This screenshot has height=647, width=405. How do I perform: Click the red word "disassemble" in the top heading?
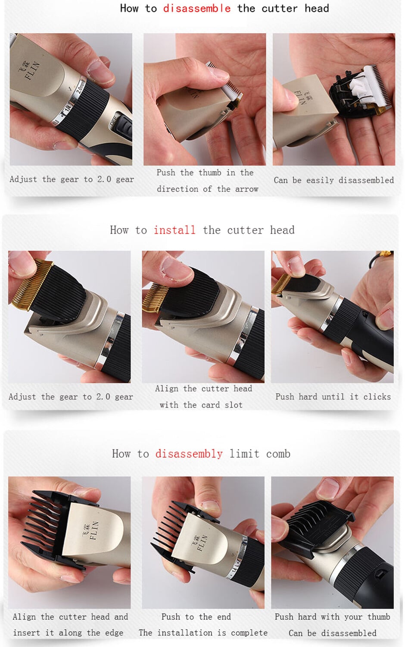197,8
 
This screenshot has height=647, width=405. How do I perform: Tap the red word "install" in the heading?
174,230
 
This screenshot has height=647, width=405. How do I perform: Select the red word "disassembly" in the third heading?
189,454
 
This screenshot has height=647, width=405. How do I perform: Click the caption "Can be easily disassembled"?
334,180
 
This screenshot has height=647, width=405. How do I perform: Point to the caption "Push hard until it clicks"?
333,396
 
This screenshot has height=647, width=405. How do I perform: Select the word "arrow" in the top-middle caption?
246,189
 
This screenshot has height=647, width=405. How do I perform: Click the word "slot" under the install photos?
234,405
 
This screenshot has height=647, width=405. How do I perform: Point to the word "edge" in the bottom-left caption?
114,633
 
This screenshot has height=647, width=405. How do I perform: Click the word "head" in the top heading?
317,8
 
